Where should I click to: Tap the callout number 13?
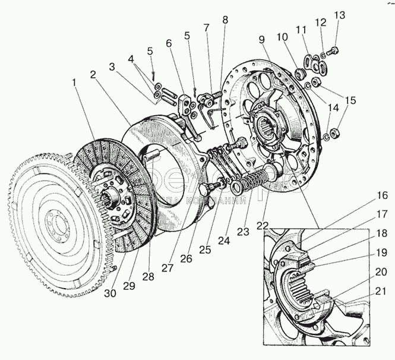click(339, 15)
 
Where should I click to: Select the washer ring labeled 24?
click(236, 188)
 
